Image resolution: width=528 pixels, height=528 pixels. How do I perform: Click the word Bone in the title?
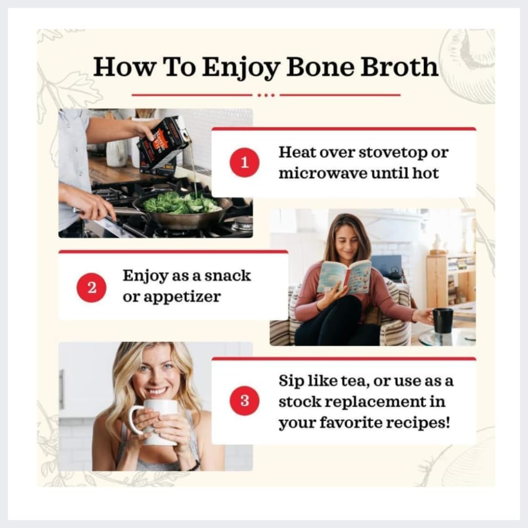(320, 66)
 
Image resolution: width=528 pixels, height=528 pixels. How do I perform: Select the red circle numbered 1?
(244, 162)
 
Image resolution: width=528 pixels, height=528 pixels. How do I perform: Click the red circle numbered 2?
(91, 287)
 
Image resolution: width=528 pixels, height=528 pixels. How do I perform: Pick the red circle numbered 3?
(244, 400)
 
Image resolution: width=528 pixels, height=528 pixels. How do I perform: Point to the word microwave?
(323, 174)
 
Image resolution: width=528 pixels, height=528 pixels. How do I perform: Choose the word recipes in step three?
(418, 423)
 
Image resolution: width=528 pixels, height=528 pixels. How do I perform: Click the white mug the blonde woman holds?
(155, 422)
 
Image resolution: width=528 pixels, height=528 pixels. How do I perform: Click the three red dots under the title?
(266, 95)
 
